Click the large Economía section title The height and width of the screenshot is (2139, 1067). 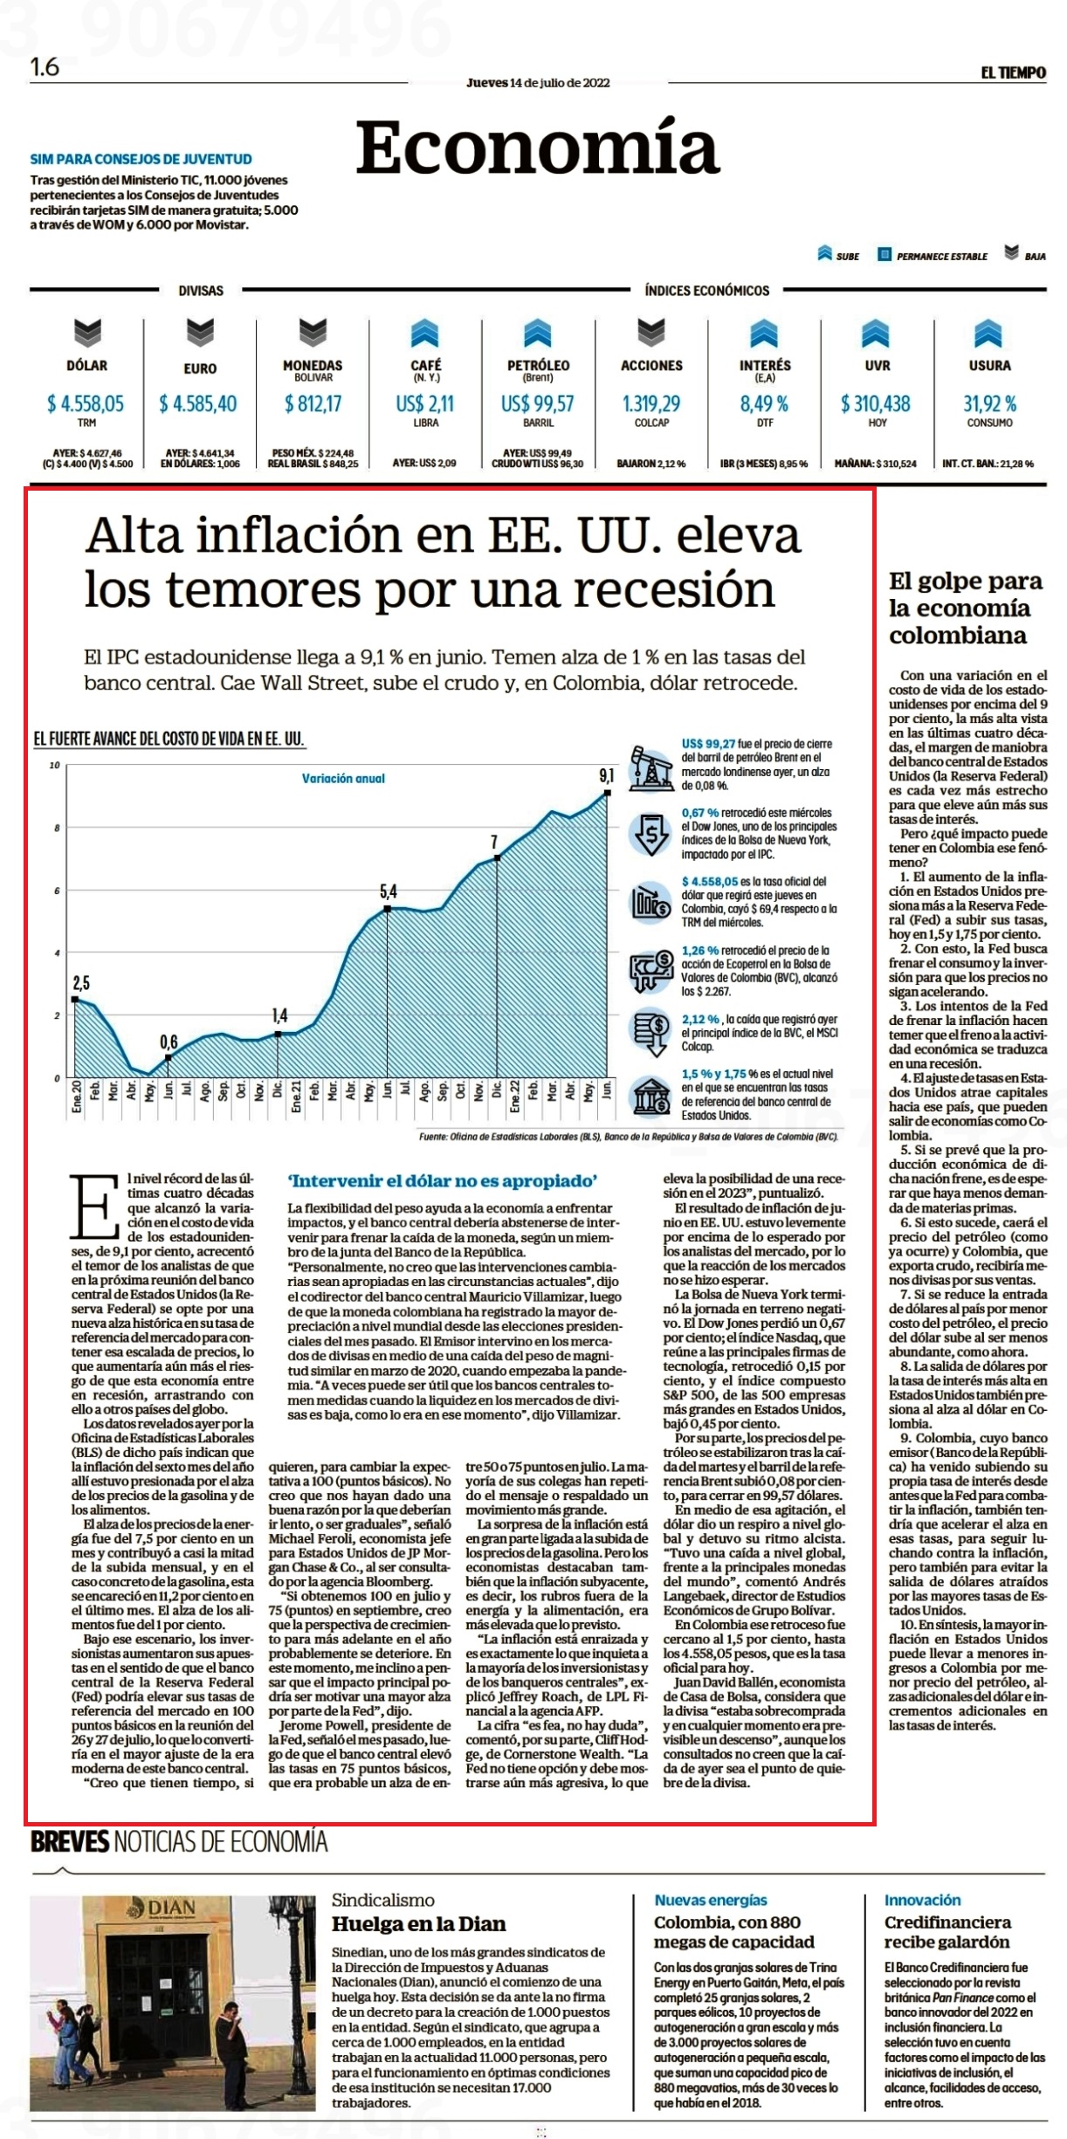pos(538,147)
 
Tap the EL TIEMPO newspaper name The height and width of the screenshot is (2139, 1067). pos(1013,72)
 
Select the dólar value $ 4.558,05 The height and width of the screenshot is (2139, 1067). pos(86,403)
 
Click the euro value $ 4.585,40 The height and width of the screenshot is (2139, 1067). pos(198,403)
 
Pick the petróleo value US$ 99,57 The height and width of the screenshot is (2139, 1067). pos(538,403)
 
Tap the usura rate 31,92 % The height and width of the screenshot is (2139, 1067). pos(990,403)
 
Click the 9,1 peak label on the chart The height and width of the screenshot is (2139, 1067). pos(606,775)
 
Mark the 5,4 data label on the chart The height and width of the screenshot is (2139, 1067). pos(388,891)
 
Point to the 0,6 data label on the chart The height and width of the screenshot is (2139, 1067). pos(169,1042)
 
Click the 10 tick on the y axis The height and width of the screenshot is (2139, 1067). pos(54,766)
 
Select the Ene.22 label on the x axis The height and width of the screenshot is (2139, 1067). pos(515,1096)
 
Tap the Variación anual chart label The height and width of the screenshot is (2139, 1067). pos(343,778)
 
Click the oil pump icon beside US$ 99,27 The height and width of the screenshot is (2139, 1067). pos(651,767)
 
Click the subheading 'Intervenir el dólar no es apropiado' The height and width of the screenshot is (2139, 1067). pos(443,1181)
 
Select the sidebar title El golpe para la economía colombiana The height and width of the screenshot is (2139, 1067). pos(966,608)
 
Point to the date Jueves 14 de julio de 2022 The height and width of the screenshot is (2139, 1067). pos(538,83)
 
